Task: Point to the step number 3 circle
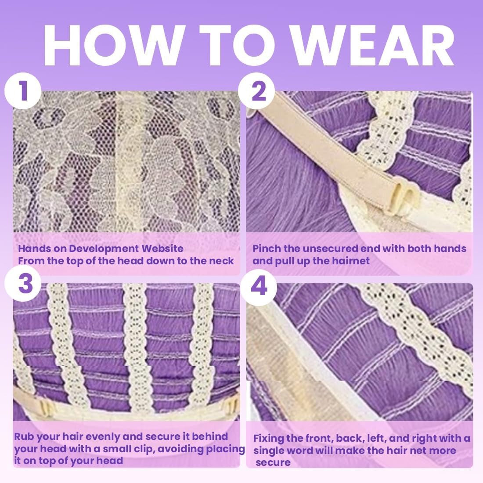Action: (x=23, y=283)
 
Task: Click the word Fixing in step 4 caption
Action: (x=269, y=438)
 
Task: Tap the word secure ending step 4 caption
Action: (x=273, y=462)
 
